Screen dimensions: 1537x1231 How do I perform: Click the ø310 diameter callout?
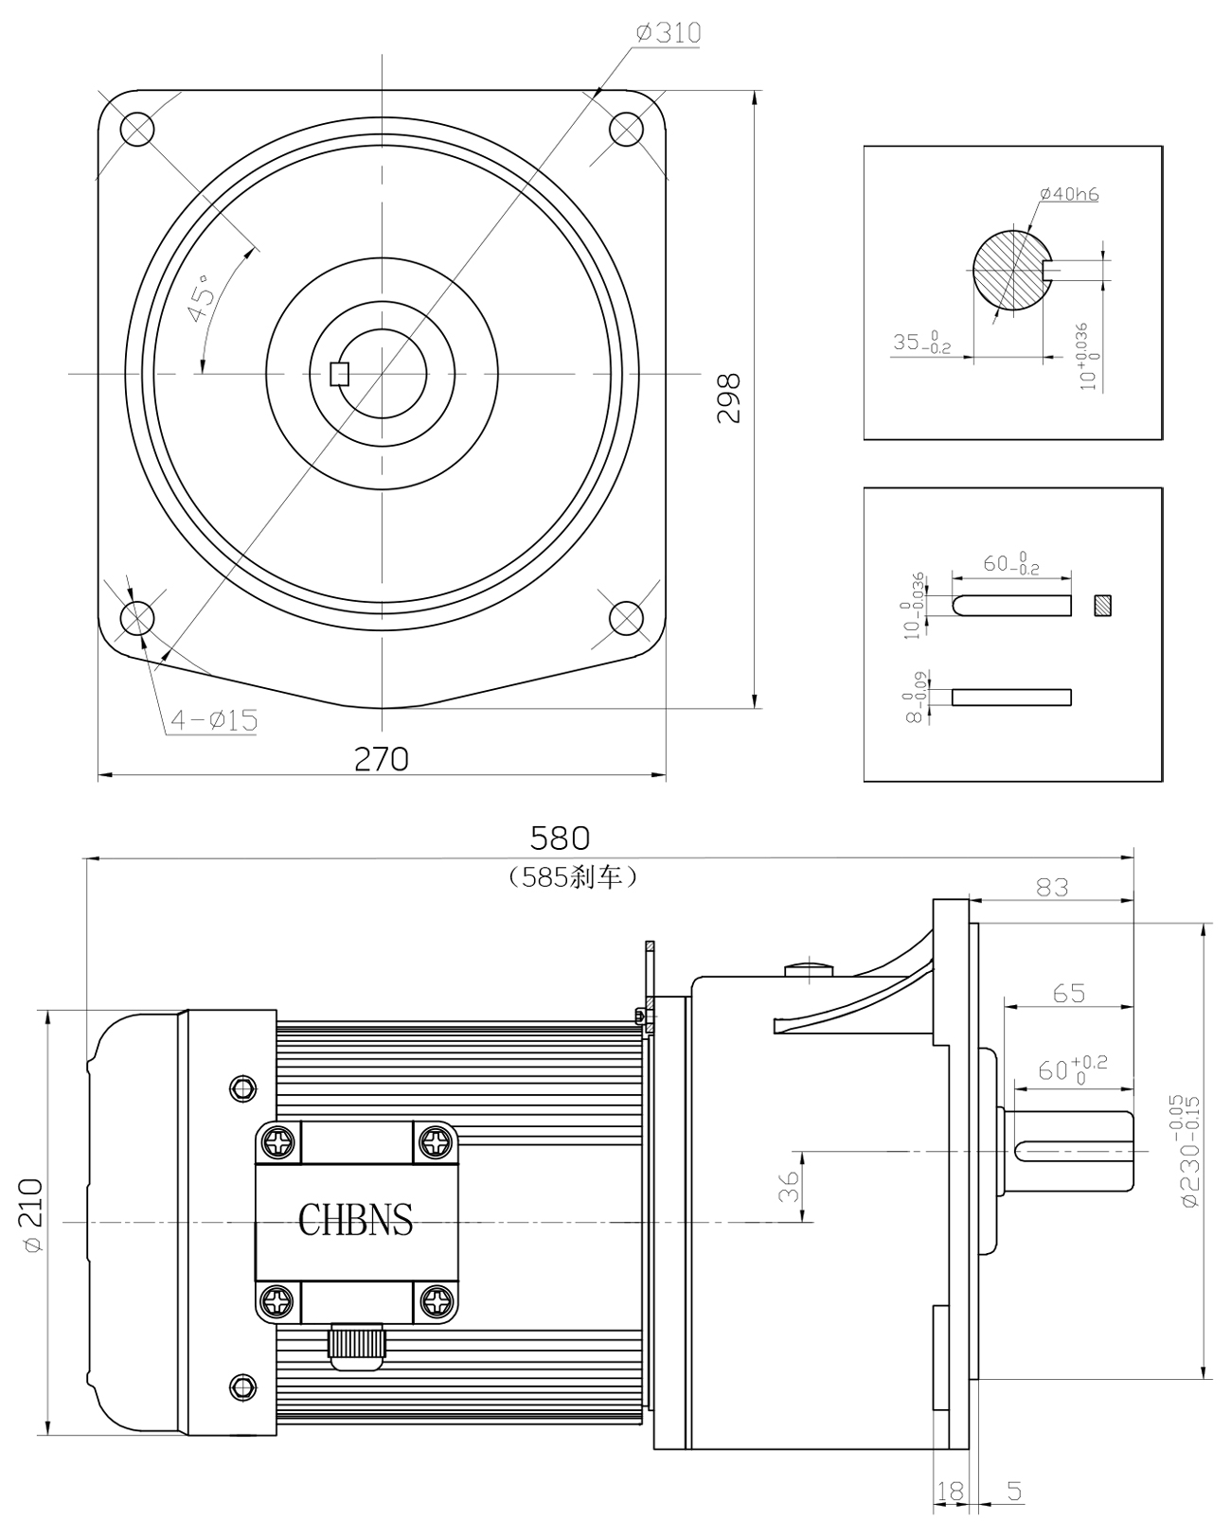(x=669, y=34)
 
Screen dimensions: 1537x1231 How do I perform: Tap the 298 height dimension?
(x=728, y=398)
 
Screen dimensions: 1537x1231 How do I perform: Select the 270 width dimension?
(x=381, y=759)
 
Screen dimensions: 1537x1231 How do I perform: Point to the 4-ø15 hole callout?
(x=213, y=720)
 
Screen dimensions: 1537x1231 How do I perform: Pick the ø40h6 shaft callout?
(x=1069, y=195)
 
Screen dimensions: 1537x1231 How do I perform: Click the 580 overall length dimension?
(x=560, y=838)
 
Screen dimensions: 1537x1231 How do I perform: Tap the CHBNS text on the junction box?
(x=356, y=1220)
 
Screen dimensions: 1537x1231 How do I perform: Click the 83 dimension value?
(x=1052, y=887)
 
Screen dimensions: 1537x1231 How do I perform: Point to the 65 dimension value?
(x=1069, y=994)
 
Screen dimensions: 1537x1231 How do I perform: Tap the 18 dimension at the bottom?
(x=950, y=1492)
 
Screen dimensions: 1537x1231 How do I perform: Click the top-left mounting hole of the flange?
(x=136, y=129)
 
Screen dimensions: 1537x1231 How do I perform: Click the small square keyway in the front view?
(x=339, y=374)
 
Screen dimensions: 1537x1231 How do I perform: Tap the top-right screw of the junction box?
(x=436, y=1141)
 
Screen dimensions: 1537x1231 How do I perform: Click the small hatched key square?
(x=1101, y=605)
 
